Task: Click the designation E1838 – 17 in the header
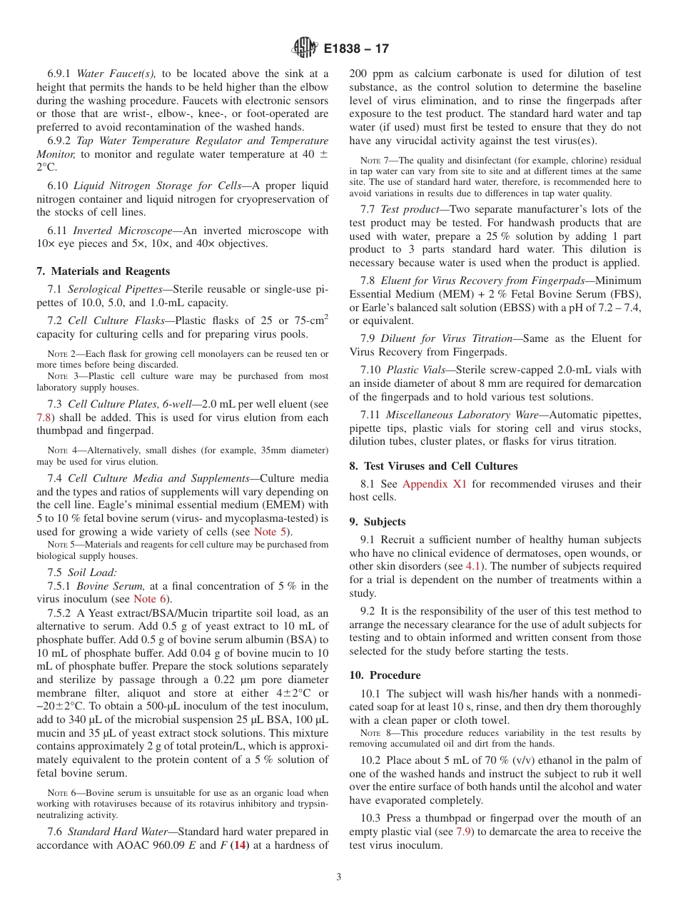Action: [356, 49]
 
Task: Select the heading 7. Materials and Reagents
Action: [103, 271]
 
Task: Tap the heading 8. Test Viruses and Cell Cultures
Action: [433, 466]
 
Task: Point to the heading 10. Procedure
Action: [385, 675]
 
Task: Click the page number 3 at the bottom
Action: [339, 877]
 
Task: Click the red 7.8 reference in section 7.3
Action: [44, 418]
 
